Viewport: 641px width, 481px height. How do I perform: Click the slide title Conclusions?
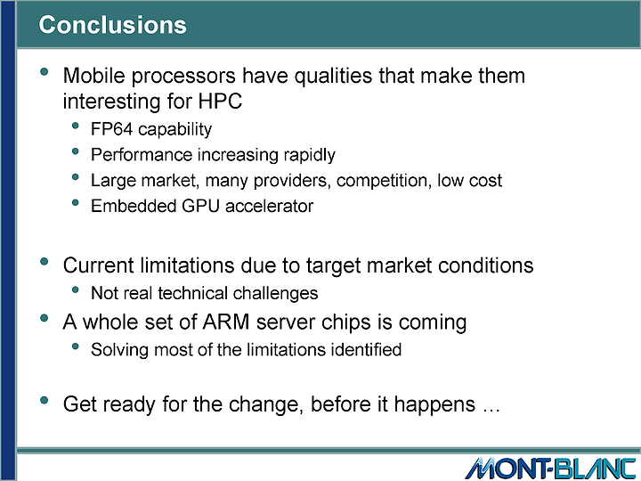pyautogui.click(x=112, y=25)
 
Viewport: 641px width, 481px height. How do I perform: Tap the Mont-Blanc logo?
pyautogui.click(x=550, y=469)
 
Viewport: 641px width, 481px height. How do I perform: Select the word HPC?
pyautogui.click(x=221, y=101)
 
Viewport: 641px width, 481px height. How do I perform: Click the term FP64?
pyautogui.click(x=111, y=129)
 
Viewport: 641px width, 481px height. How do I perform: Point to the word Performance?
pyautogui.click(x=142, y=155)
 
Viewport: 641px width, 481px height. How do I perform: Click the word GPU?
pyautogui.click(x=200, y=206)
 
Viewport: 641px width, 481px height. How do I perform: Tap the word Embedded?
pyautogui.click(x=134, y=206)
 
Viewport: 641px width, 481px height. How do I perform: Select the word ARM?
pyautogui.click(x=226, y=322)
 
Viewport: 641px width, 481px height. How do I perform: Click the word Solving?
pyautogui.click(x=119, y=350)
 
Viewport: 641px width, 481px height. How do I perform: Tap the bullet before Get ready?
pyautogui.click(x=45, y=400)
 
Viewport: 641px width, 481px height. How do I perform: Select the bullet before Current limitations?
pyautogui.click(x=45, y=261)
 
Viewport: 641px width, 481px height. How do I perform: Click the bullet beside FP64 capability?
pyautogui.click(x=75, y=126)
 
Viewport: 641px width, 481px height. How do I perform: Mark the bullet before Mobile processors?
pyautogui.click(x=45, y=72)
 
